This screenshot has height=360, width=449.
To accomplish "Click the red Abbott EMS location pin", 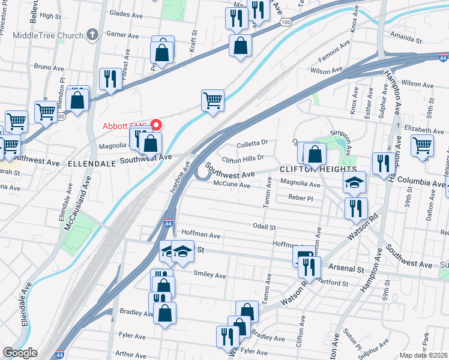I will click(157, 125).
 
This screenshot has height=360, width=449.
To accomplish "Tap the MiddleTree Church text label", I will click(50, 35).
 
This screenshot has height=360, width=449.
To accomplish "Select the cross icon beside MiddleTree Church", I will click(92, 34).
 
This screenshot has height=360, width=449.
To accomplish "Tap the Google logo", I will click(20, 353).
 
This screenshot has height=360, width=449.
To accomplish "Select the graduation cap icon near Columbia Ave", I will click(354, 182).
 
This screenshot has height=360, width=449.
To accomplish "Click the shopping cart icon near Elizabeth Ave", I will click(423, 145).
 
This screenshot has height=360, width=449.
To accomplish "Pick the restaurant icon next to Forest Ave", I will click(110, 79).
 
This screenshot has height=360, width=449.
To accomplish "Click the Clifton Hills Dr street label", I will click(243, 158).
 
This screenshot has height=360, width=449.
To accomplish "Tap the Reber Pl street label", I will click(301, 197).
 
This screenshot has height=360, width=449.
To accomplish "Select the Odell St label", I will click(264, 227).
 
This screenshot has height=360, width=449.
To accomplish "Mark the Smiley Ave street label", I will click(210, 275).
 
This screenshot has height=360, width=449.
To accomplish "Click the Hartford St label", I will click(334, 283).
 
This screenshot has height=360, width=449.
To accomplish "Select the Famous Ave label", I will click(338, 52).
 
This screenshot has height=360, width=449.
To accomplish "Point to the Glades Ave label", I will click(127, 12).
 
